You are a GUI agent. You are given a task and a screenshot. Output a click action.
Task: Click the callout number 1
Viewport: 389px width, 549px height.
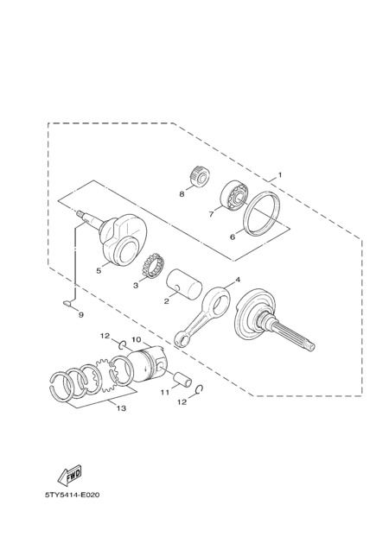(x=280, y=174)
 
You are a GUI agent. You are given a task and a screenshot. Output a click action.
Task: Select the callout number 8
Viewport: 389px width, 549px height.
(x=182, y=193)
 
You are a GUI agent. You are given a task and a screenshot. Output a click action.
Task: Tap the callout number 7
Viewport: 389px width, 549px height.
(x=211, y=213)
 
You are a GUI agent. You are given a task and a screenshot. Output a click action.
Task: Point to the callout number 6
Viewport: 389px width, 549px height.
(x=233, y=237)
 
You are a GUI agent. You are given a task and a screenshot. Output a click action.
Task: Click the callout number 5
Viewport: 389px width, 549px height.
(x=99, y=271)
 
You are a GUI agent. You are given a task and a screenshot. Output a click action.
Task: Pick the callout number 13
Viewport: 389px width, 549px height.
(x=121, y=408)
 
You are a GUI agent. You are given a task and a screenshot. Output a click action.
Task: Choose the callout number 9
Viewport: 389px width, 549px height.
(x=81, y=315)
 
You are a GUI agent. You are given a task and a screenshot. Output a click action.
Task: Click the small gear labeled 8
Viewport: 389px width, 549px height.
(x=198, y=176)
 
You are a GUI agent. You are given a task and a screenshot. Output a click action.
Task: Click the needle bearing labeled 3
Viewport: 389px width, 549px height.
(x=153, y=266)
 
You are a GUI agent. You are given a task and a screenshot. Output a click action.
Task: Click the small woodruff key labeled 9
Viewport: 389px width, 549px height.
(x=67, y=303)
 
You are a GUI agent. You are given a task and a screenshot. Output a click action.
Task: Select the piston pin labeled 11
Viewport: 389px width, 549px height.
(x=183, y=380)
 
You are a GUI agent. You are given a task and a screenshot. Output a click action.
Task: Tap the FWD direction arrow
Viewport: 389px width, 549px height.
(x=70, y=475)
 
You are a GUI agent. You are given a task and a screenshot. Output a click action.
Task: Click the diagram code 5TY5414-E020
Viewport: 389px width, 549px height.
(x=73, y=495)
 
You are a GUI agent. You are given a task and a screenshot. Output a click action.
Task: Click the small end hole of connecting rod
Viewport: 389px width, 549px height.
(x=182, y=340)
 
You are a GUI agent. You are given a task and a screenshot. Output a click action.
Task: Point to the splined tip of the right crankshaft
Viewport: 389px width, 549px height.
(x=311, y=345)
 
